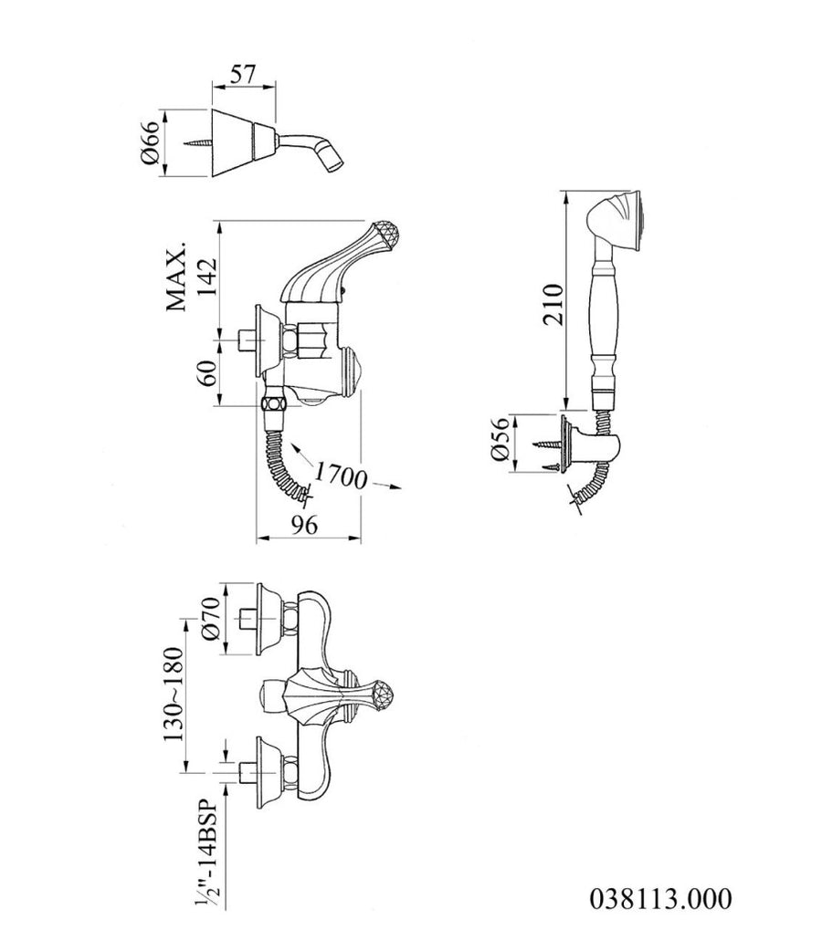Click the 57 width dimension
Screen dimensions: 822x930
tap(243, 74)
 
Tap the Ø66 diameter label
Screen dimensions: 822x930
tap(150, 143)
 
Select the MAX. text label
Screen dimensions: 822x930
tap(176, 277)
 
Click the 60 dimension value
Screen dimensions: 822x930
tap(206, 373)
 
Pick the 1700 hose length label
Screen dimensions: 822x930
tap(340, 475)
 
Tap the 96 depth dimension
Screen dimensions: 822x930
tap(304, 524)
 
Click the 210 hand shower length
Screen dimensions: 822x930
tap(552, 304)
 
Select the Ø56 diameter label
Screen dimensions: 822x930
tap(500, 440)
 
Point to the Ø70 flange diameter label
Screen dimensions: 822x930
tap(211, 618)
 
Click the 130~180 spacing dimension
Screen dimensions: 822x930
tap(174, 695)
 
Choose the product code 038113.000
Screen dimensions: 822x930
tap(660, 899)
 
